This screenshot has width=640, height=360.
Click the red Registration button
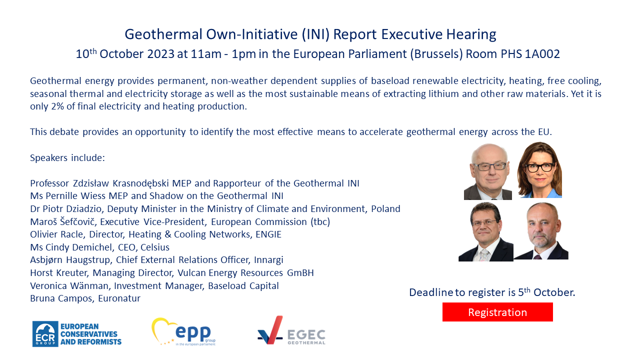(497, 312)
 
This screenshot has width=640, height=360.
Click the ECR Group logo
(77, 333)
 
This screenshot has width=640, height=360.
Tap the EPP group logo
(183, 331)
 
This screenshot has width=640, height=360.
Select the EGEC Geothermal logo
(291, 330)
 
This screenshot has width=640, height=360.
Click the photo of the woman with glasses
(539, 170)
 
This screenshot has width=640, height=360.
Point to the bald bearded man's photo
(541, 231)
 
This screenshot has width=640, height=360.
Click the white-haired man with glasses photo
(488, 171)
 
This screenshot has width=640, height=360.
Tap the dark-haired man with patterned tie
(485, 231)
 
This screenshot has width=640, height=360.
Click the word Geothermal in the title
(163, 34)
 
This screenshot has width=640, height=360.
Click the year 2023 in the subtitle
(160, 54)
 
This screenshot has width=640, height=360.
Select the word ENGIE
(268, 234)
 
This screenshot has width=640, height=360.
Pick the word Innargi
(268, 259)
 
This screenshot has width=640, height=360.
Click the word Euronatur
(119, 298)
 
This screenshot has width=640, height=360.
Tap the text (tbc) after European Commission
(320, 221)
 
